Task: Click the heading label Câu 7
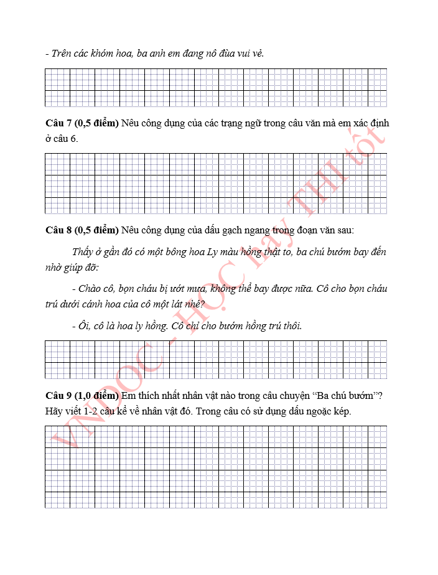58,123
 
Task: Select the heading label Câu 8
58,230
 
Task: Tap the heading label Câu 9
58,396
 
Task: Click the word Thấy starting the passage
83,252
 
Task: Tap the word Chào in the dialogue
91,289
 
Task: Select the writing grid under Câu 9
216,467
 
